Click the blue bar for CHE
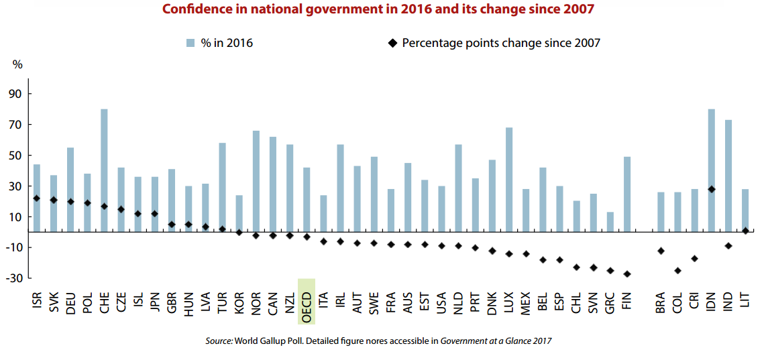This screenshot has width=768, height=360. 104,170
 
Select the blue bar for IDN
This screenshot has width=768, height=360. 712,170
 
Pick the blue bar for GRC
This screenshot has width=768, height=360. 610,222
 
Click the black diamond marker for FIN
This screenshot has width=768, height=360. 627,274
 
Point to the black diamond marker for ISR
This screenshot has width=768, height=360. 36,198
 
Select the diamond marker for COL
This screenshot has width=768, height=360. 678,271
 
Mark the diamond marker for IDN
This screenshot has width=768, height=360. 712,190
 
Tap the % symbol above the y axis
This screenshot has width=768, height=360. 17,65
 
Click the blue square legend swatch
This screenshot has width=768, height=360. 190,43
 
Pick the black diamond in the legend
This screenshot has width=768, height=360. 391,43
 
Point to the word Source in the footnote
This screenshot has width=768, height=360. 218,341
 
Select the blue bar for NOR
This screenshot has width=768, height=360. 256,181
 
